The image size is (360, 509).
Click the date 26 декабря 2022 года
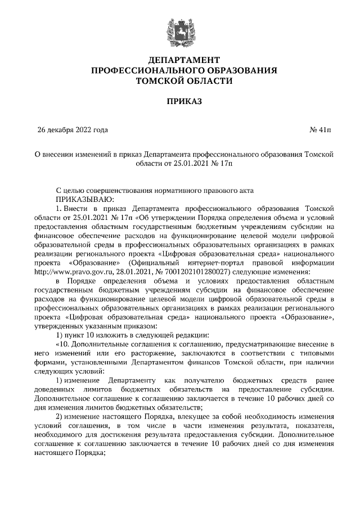point(73,130)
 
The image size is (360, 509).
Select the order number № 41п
point(321,130)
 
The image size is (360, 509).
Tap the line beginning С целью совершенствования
point(155,190)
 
